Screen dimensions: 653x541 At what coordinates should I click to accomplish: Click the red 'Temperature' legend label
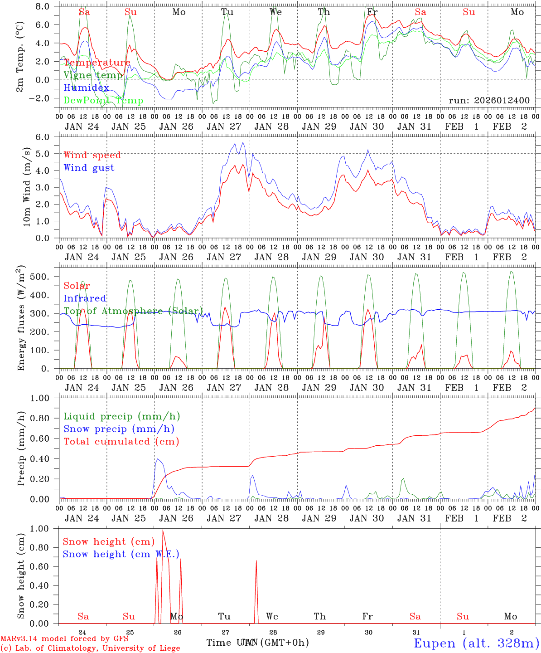point(97,63)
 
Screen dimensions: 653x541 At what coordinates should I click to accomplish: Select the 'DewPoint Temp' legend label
point(103,101)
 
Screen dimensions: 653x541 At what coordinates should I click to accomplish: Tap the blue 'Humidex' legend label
point(86,88)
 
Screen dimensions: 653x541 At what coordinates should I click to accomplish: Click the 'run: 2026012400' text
point(489,100)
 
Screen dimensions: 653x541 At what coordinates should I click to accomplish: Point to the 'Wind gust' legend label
point(89,168)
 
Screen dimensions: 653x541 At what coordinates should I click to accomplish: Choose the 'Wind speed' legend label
point(92,155)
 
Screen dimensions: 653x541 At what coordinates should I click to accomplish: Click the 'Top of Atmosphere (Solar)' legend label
point(133,311)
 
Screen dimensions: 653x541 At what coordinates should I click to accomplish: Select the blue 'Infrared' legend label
point(85,298)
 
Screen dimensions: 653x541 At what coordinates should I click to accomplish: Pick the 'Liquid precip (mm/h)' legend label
point(122,416)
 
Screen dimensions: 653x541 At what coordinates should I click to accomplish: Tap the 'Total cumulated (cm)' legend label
point(121,441)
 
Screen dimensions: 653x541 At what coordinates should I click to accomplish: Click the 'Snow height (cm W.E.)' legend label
point(121,554)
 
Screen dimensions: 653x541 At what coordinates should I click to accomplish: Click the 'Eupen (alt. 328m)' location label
point(476,643)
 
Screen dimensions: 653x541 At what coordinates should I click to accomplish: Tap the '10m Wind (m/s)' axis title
point(27,187)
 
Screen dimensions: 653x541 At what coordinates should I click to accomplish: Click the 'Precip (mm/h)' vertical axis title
point(21,449)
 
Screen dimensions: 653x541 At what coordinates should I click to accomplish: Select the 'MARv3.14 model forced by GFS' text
point(64,639)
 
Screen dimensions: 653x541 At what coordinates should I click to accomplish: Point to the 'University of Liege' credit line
point(90,648)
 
